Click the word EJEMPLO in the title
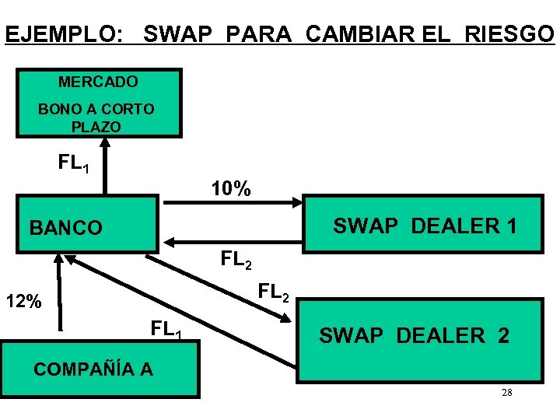(x=63, y=35)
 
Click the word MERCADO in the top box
(x=98, y=82)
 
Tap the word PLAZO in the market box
(x=96, y=126)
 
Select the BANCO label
(x=65, y=228)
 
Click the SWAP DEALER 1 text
(x=425, y=226)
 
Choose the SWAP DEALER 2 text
(x=415, y=336)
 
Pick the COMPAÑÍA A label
(x=93, y=369)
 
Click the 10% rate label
(x=231, y=189)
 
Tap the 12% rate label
(x=23, y=302)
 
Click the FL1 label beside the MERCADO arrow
(x=75, y=164)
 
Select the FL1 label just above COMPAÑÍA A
(x=166, y=330)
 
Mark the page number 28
(x=506, y=393)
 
